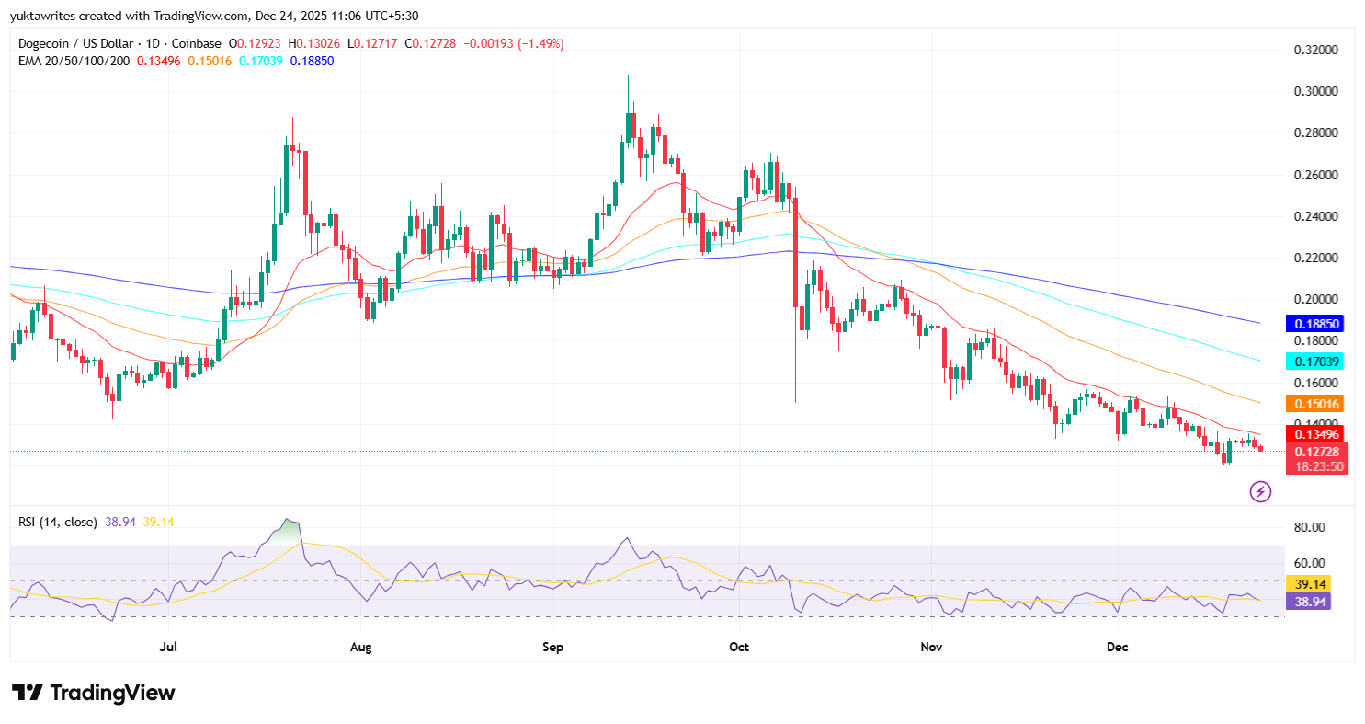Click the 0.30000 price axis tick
pyautogui.click(x=1316, y=92)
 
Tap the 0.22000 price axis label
pyautogui.click(x=1316, y=258)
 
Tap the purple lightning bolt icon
pyautogui.click(x=1260, y=492)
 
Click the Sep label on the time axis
pyautogui.click(x=552, y=647)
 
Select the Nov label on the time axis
pyautogui.click(x=932, y=647)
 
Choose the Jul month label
pyautogui.click(x=168, y=647)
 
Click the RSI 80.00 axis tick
pyautogui.click(x=1309, y=527)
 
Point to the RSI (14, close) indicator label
pyautogui.click(x=58, y=523)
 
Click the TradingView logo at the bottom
pyautogui.click(x=94, y=693)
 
